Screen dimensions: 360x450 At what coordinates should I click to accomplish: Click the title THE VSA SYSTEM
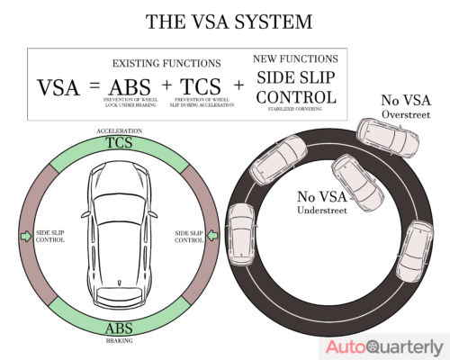[224, 20]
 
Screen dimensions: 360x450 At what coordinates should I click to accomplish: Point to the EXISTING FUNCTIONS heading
[167, 64]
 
